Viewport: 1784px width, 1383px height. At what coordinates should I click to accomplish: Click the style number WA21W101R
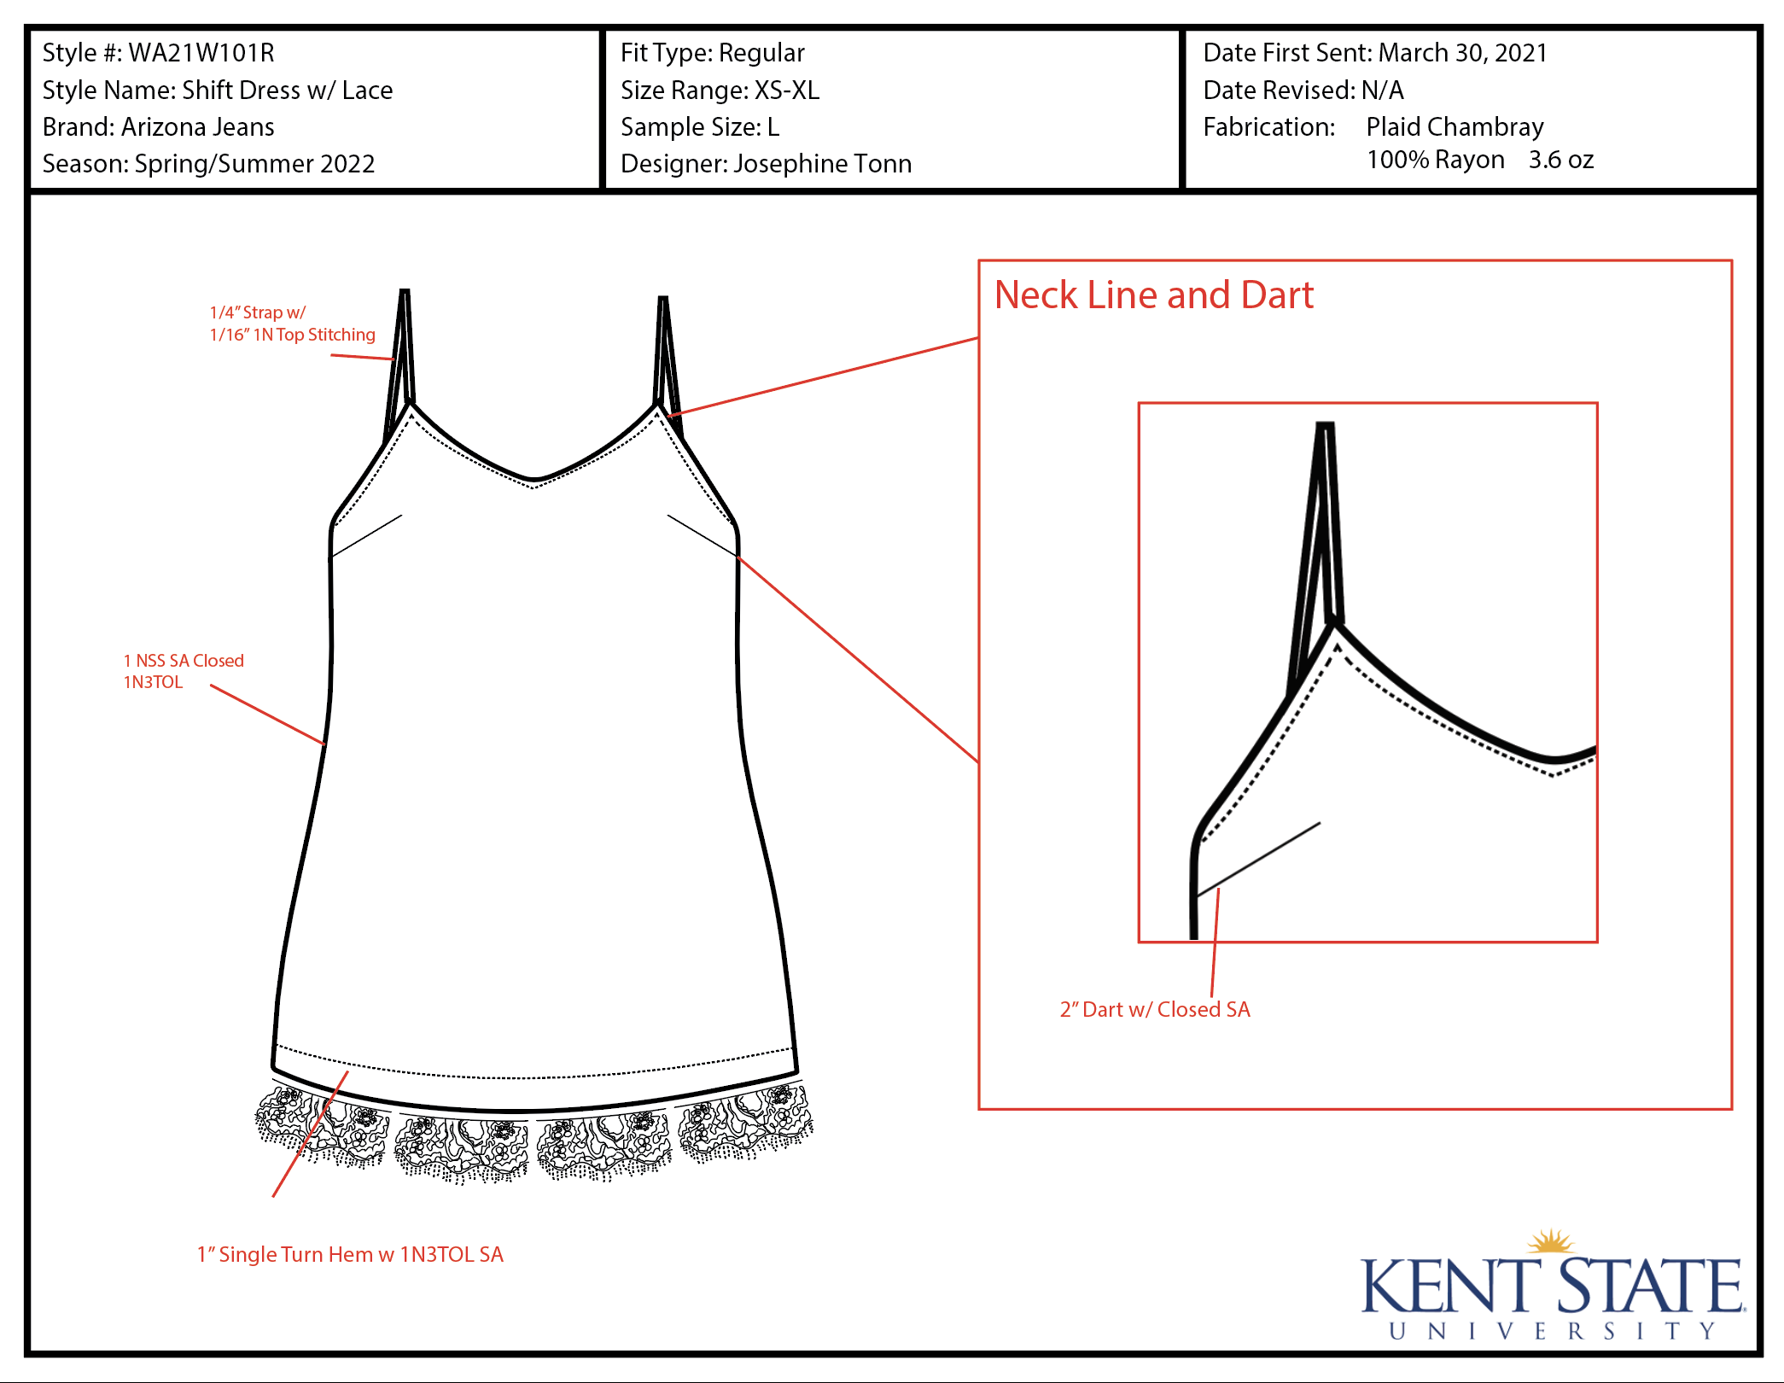coord(201,53)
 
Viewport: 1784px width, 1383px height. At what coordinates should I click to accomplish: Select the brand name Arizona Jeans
coord(197,127)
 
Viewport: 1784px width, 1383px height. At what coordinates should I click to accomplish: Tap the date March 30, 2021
coord(1462,53)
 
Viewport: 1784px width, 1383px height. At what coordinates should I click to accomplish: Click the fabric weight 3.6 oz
coord(1560,160)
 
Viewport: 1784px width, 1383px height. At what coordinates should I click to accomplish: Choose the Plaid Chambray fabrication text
coord(1455,127)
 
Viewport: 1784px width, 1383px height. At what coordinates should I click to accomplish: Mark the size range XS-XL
coord(786,90)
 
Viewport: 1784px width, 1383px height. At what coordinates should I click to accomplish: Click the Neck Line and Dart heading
coord(1153,295)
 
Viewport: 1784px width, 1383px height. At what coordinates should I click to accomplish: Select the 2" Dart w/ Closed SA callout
coord(1154,1010)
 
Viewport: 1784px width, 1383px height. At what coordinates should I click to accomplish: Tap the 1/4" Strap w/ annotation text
coord(257,313)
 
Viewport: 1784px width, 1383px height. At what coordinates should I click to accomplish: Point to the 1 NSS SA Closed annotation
coord(184,662)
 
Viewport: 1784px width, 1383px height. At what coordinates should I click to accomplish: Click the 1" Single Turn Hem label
coord(350,1255)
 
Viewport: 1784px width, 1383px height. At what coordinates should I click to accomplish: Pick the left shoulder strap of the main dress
coord(400,359)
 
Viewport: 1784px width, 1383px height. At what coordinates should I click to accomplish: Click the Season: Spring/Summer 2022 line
coord(208,164)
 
